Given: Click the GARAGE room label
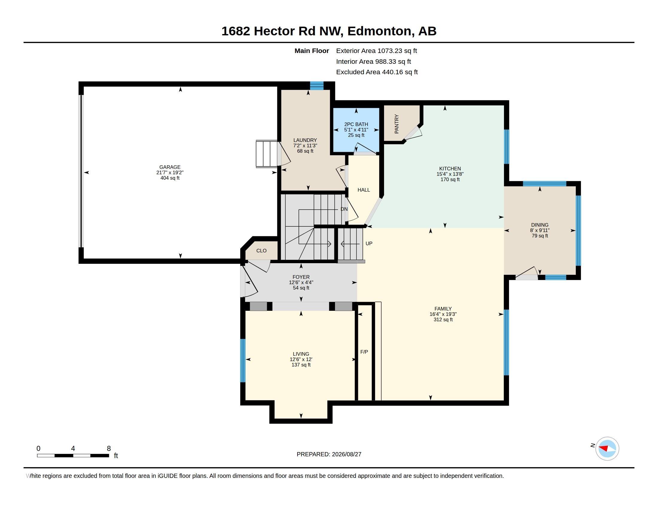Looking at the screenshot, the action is click(170, 167).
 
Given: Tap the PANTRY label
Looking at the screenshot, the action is click(397, 124).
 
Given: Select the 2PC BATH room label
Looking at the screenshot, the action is click(356, 124).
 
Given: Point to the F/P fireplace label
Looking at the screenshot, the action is click(364, 352).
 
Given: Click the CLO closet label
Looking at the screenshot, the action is click(261, 251).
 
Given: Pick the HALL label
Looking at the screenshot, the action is click(364, 190).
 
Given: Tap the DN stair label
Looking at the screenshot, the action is click(344, 209).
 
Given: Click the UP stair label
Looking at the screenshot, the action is click(369, 243).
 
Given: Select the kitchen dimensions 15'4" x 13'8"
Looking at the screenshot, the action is click(450, 174).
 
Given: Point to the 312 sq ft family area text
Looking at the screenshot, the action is click(443, 320).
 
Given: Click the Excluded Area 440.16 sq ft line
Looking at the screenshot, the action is click(377, 72).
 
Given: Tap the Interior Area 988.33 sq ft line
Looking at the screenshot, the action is click(373, 61).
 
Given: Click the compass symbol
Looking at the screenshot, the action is click(607, 449).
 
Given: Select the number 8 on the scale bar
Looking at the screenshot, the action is click(109, 449).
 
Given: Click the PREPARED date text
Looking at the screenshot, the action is click(329, 454).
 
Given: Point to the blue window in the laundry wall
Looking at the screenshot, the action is click(317, 86).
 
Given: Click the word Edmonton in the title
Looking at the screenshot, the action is click(379, 31).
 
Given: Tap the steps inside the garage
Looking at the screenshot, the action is click(266, 154).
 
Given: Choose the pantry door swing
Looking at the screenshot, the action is click(413, 133).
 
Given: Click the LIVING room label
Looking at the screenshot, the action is click(301, 354).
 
